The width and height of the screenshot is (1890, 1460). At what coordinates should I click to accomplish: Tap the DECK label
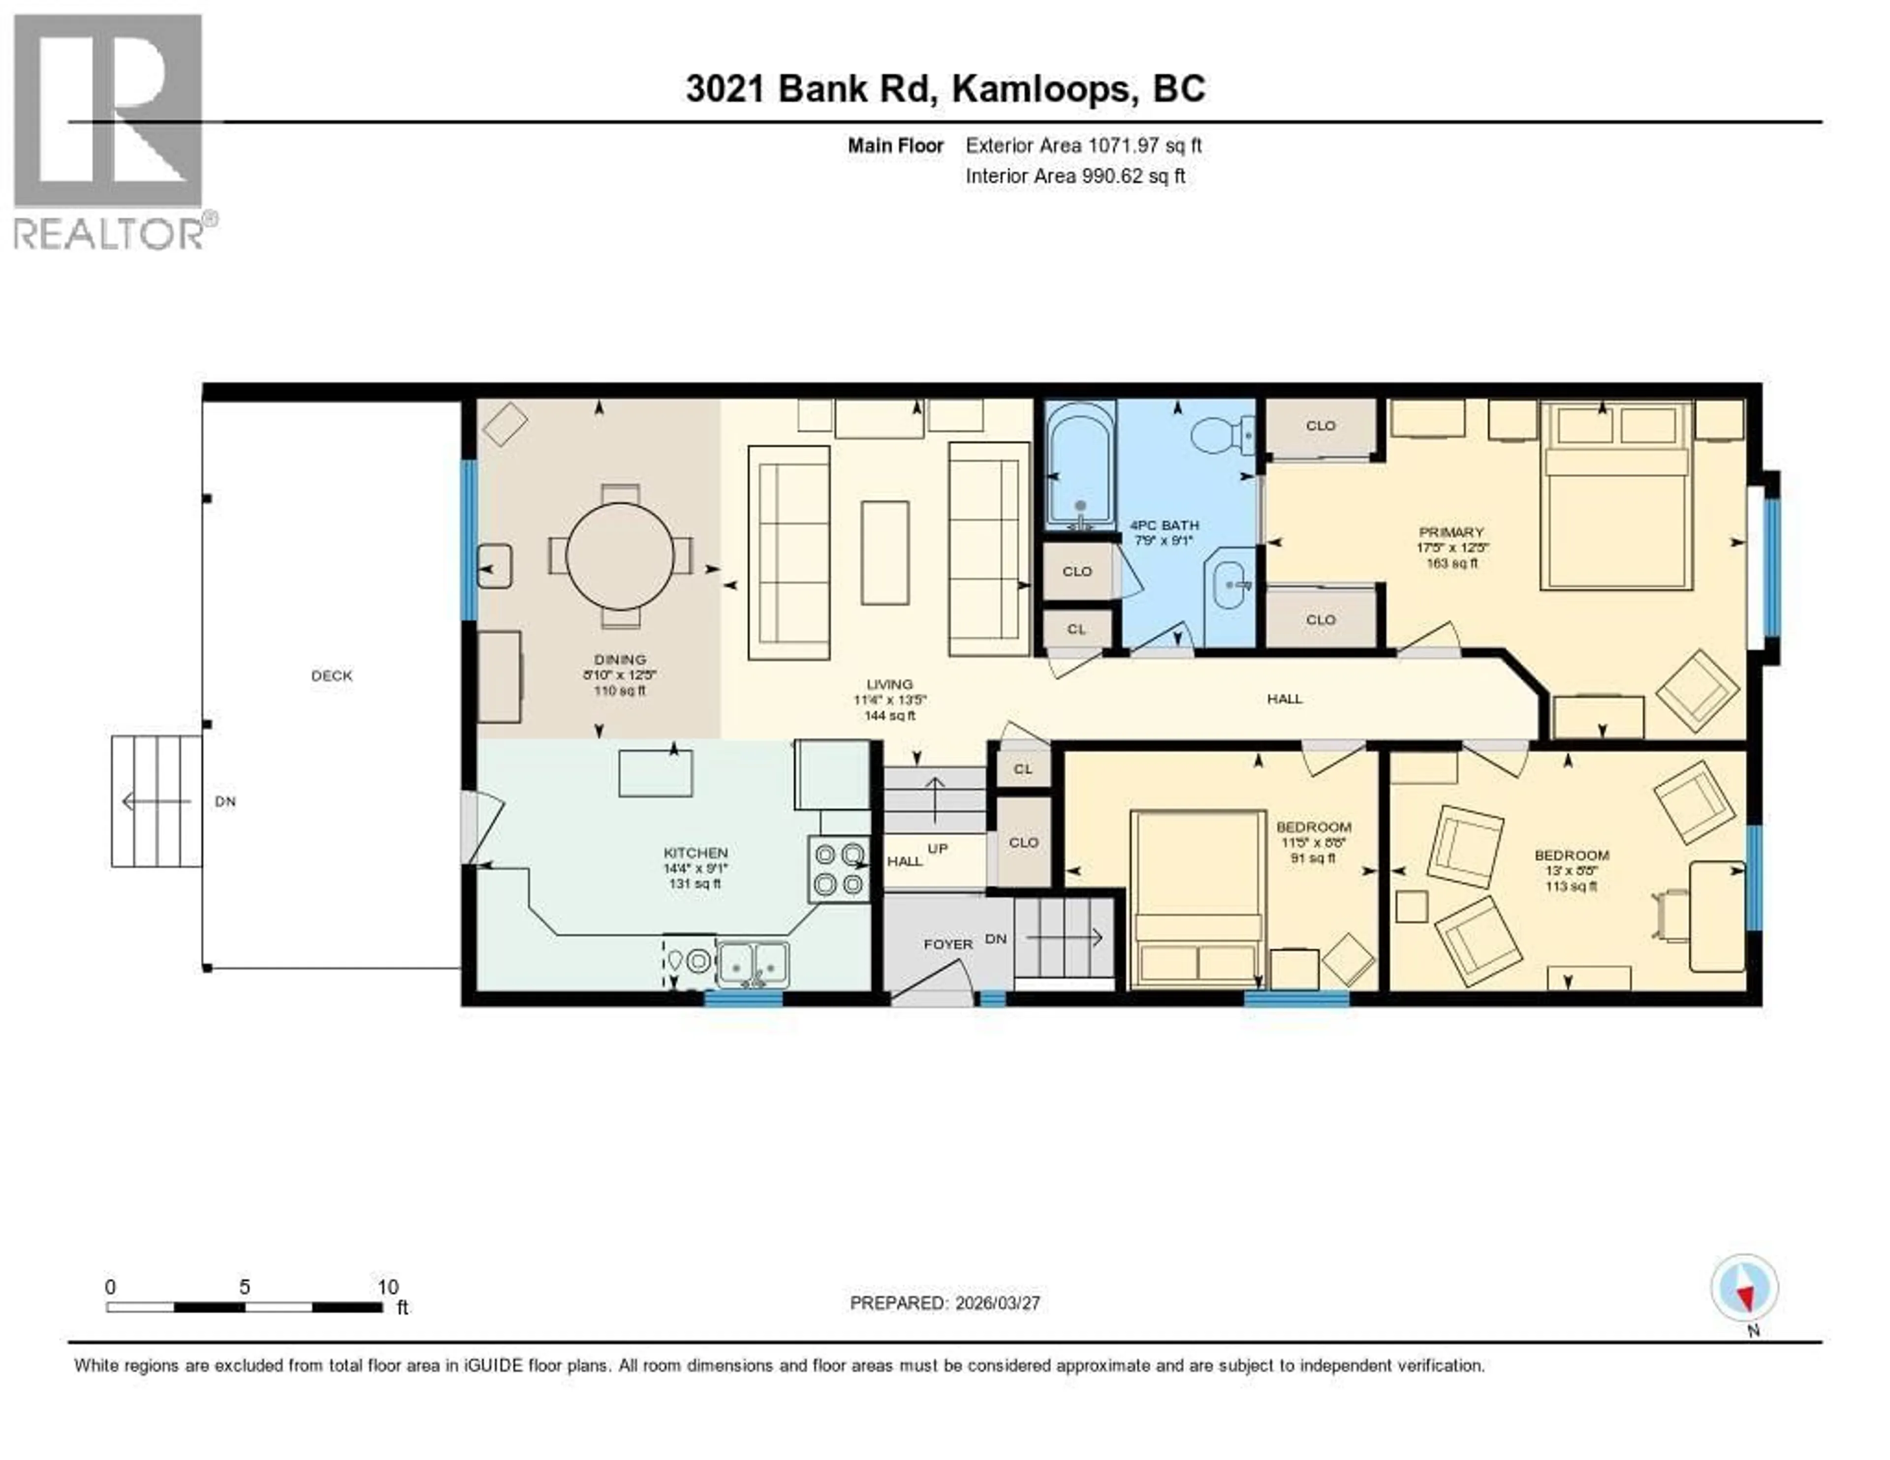point(331,676)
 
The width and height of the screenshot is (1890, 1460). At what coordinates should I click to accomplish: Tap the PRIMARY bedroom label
point(1451,532)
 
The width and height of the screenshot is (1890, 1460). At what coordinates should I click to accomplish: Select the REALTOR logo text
point(110,232)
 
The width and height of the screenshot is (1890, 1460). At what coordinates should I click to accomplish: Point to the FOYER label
point(947,944)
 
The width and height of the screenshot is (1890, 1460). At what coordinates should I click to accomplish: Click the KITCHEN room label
point(695,854)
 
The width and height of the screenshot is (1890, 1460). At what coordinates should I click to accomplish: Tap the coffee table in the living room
point(884,552)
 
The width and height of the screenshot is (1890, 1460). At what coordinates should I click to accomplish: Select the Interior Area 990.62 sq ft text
point(1075,177)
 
